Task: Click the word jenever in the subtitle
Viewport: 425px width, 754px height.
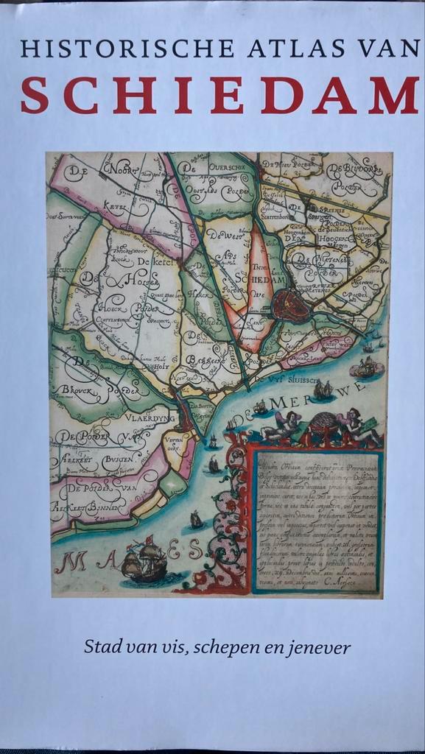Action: coord(320,648)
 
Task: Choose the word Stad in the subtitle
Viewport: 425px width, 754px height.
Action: coord(100,648)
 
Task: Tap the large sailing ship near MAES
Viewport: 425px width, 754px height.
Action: coord(144,561)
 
